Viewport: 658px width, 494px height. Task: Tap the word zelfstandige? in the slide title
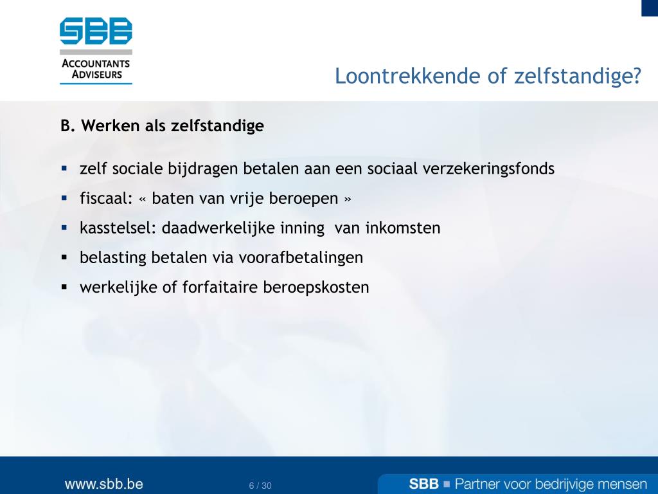pos(578,77)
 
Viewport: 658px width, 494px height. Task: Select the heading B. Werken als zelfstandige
pos(162,125)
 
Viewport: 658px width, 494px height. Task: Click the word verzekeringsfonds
pos(488,169)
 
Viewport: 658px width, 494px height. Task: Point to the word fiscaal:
pos(106,198)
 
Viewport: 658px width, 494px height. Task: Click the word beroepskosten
pos(316,288)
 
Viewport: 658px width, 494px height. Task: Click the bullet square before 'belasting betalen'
pos(64,257)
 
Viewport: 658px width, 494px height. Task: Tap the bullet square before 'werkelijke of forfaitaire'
pos(64,288)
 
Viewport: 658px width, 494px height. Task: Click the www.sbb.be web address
pos(103,484)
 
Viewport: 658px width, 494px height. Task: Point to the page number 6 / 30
pos(260,486)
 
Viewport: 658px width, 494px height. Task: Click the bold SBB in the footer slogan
pos(424,484)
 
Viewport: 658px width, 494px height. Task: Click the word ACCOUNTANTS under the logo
pos(96,64)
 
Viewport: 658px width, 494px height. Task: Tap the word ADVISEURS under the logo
pos(97,75)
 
